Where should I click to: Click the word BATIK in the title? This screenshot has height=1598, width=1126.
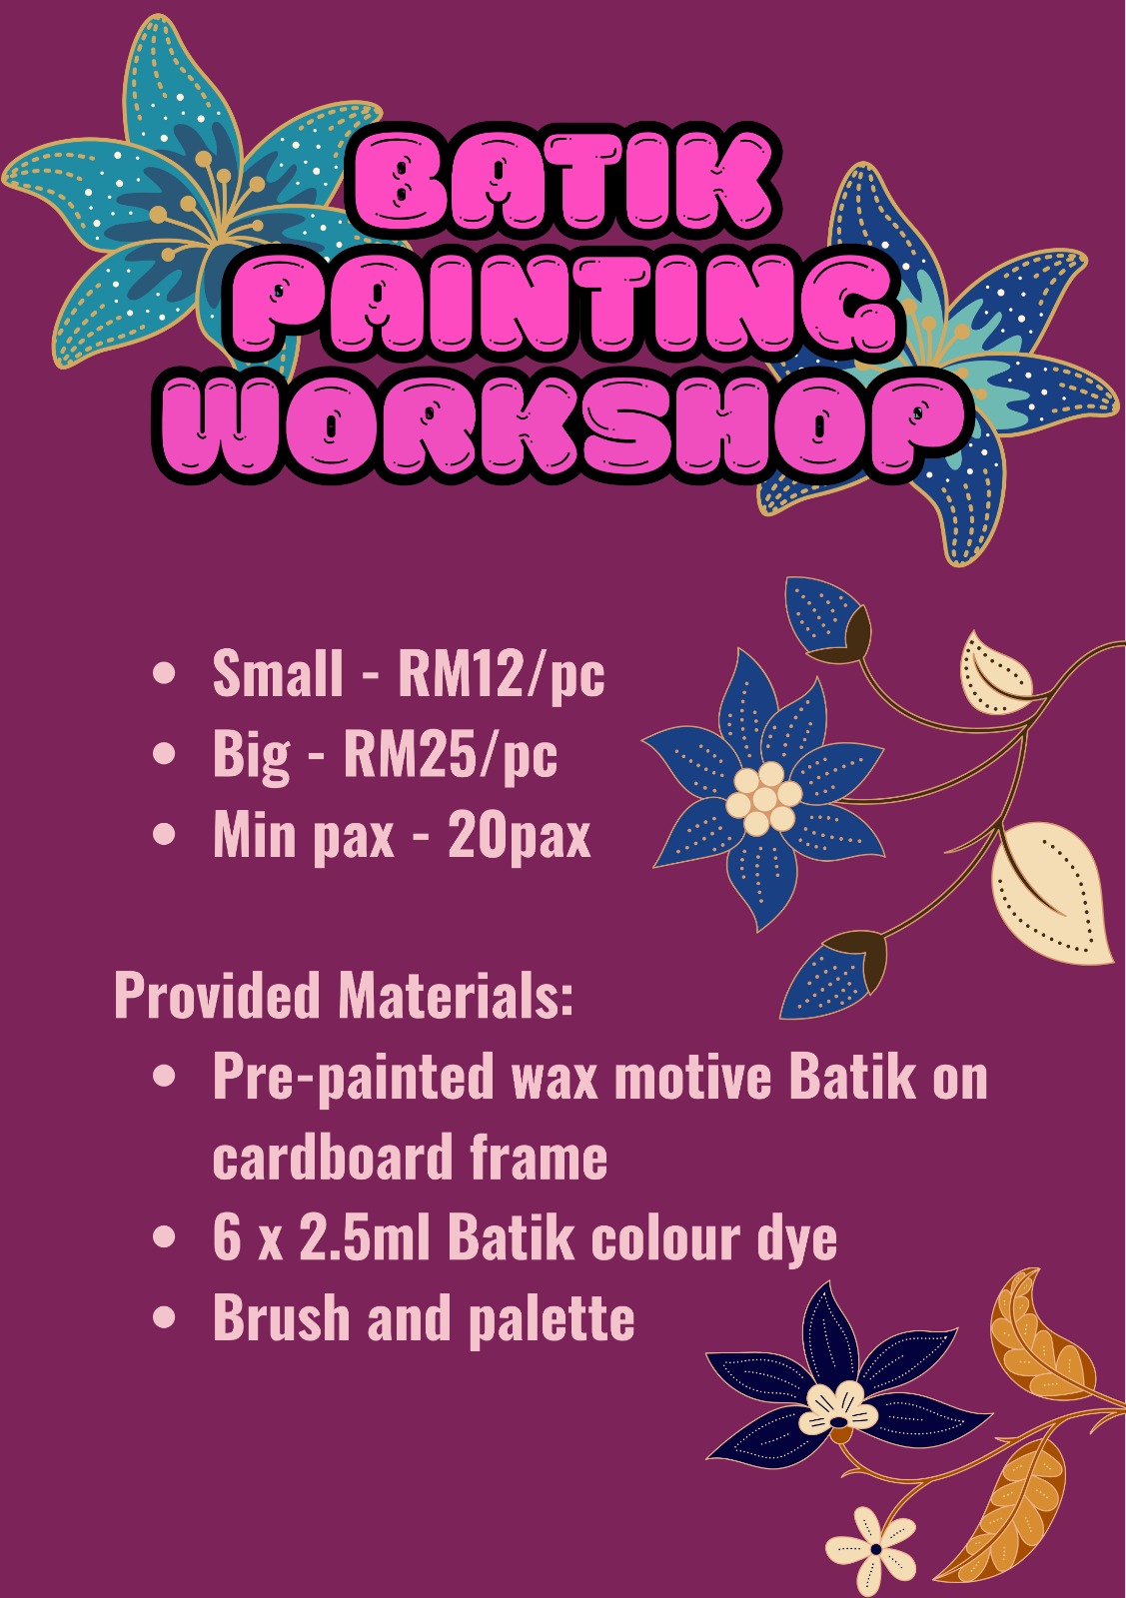coord(562,180)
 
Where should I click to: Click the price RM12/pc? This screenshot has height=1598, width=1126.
coord(501,673)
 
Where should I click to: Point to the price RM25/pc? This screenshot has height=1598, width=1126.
coord(450,754)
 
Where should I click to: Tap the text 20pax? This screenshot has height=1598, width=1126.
coord(519,835)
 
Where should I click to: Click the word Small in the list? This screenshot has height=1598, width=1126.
coord(277,673)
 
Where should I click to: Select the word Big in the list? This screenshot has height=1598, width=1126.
coord(250,756)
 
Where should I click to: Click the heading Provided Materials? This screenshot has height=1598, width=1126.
coord(344,995)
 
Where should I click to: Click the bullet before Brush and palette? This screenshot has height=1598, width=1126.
coord(165,1318)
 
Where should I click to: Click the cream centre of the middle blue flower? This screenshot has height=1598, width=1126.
coord(763,799)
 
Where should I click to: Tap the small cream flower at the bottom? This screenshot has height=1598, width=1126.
coord(872,1549)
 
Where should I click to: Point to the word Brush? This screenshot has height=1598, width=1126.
coord(280,1319)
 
